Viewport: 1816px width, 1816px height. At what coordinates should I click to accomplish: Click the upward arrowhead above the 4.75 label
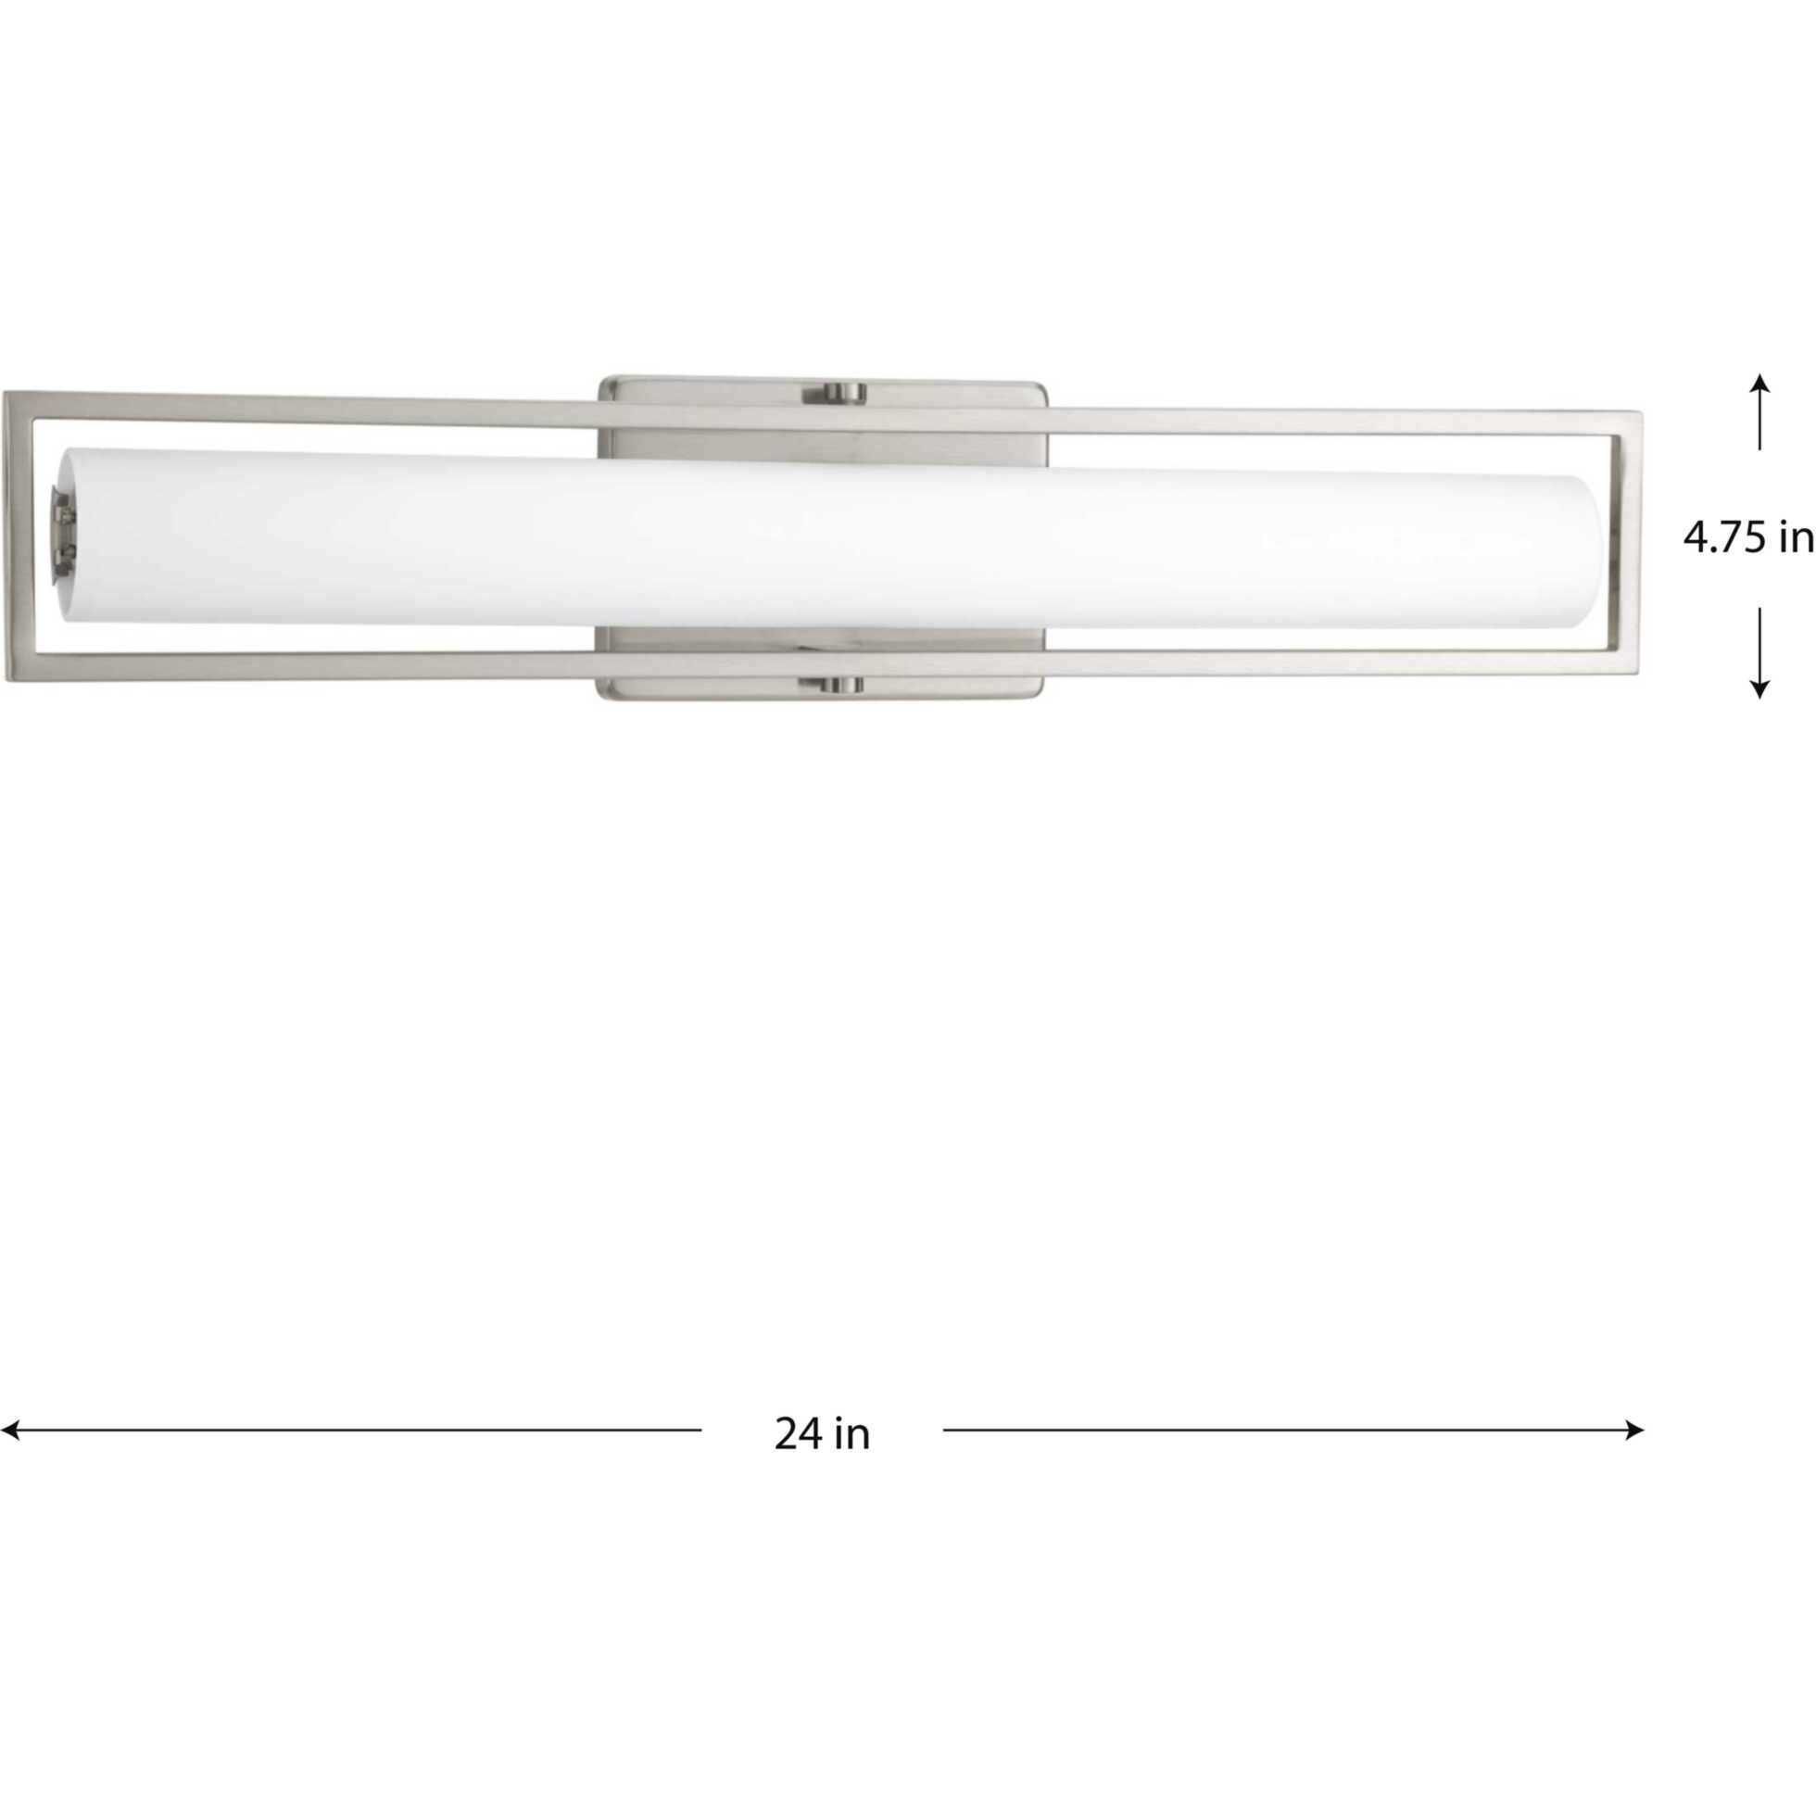(1759, 383)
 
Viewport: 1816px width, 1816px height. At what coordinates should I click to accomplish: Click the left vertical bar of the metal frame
(18, 536)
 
